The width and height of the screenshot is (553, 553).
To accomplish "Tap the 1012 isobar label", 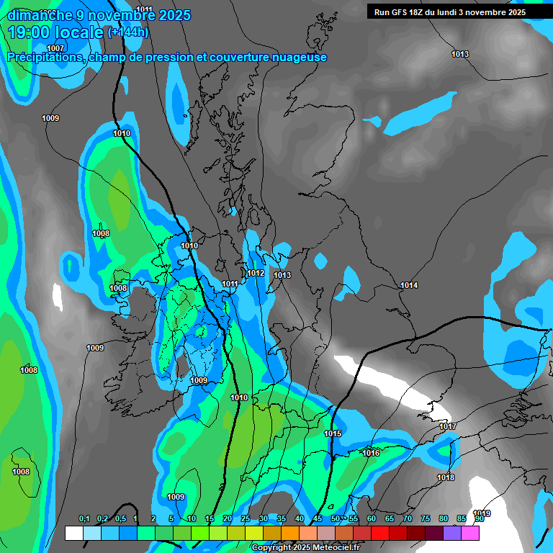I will tap(256, 274).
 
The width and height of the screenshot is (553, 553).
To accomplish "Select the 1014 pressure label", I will tap(409, 286).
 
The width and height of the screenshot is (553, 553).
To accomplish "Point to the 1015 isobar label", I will tap(333, 433).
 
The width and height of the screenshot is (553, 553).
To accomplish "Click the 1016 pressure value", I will tap(371, 453).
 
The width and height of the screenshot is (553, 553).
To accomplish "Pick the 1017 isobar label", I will tap(448, 427).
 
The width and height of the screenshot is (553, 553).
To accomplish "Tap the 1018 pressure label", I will tap(446, 477).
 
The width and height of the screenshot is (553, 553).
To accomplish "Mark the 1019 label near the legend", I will tap(482, 513).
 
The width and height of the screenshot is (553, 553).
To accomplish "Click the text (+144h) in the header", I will tap(127, 32).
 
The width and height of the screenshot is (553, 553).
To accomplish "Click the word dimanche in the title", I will tap(40, 15).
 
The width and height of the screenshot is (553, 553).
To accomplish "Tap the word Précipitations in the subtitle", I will tap(45, 58).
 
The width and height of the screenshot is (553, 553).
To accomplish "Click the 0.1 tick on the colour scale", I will tap(84, 519).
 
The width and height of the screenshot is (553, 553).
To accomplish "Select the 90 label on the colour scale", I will tap(479, 519).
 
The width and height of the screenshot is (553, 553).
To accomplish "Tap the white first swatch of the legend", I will tap(73, 533).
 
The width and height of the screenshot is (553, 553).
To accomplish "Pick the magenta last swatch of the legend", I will tap(470, 533).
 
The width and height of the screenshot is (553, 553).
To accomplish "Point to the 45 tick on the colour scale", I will tap(318, 519).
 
